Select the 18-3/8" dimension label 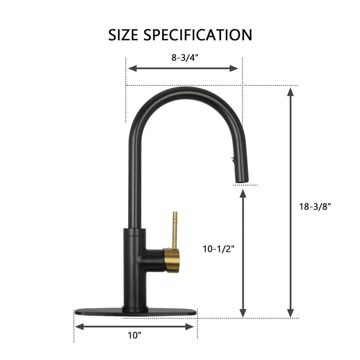(315, 207)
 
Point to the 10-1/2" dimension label (218, 249)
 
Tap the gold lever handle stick (175, 229)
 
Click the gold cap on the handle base (172, 260)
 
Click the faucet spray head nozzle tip (242, 179)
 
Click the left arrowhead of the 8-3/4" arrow (131, 68)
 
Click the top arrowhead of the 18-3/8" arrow (291, 92)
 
